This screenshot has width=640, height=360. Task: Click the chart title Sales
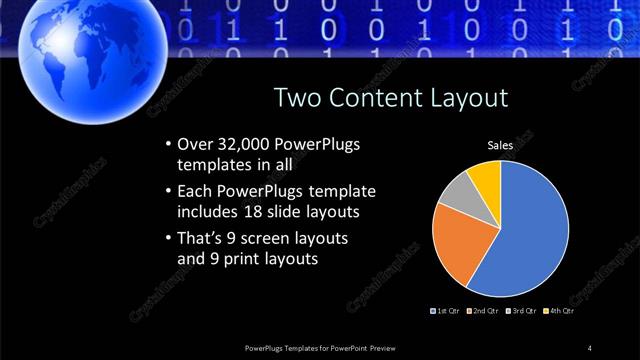[x=500, y=146]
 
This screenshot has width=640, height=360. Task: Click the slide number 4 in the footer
[x=590, y=347]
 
